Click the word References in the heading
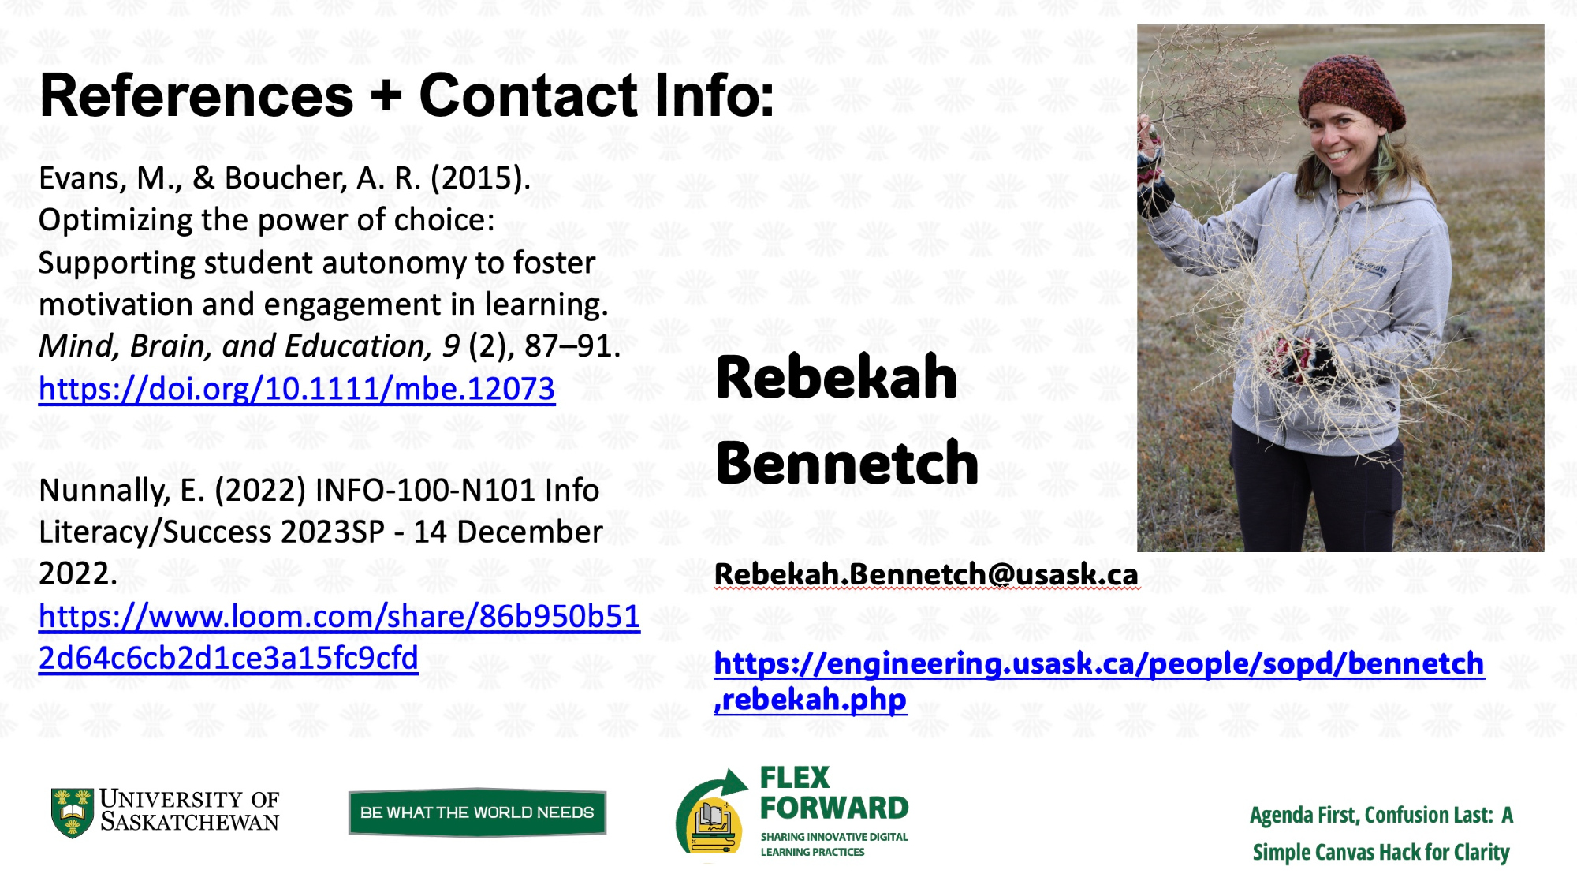(x=196, y=96)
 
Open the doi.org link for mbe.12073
(x=296, y=389)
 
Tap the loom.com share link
(x=339, y=637)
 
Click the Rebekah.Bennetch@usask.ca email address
(x=926, y=574)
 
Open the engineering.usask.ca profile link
(x=1099, y=681)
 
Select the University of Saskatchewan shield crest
(x=72, y=812)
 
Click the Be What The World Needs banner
(x=477, y=812)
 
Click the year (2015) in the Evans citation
(x=480, y=179)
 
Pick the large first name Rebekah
(x=837, y=377)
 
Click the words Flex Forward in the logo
(x=833, y=794)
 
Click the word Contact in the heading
(x=528, y=96)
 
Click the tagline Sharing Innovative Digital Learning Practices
(x=834, y=844)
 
